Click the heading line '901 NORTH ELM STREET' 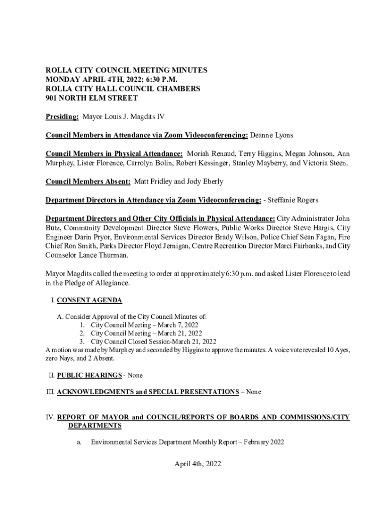click(x=91, y=98)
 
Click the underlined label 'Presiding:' click(x=62, y=117)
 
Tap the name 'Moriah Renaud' click(x=211, y=154)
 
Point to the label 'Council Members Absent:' click(x=88, y=182)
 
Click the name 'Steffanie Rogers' click(x=295, y=200)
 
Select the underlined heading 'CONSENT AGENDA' click(x=89, y=301)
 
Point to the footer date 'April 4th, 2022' click(x=193, y=464)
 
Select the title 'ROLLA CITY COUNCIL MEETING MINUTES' click(x=127, y=71)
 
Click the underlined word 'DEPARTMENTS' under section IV click(x=95, y=426)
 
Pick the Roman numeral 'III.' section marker click(x=50, y=392)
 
